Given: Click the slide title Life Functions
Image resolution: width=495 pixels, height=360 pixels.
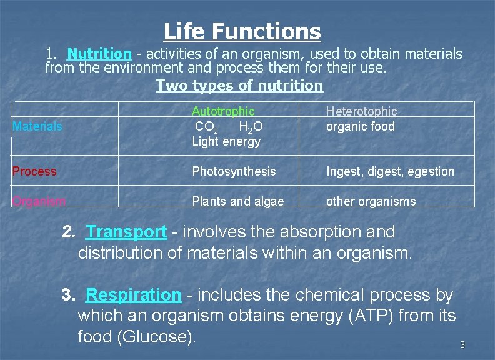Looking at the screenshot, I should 242,31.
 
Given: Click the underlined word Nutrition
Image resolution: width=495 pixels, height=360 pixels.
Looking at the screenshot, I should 99,54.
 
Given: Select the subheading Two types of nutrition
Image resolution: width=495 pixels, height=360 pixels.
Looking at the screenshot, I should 239,86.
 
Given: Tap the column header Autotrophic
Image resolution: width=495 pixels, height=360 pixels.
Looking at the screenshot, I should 223,111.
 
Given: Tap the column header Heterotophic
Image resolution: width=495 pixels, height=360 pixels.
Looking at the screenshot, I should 361,111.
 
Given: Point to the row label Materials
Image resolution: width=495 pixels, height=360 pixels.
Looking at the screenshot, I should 37,126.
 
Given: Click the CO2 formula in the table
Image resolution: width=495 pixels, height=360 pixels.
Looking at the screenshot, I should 206,127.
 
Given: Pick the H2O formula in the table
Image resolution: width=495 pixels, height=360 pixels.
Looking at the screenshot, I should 251,127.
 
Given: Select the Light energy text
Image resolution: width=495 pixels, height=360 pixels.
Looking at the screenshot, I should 226,141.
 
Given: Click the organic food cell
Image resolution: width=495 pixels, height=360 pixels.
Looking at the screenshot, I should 361,126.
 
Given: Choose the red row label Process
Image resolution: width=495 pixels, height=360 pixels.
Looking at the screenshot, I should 34,171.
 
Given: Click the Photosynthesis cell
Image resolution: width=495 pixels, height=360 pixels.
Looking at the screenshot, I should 234,171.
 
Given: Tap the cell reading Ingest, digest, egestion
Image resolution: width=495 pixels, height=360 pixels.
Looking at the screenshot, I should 390,171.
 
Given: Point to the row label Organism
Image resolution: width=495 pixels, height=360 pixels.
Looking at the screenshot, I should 39,201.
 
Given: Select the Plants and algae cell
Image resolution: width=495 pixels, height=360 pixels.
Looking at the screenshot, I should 238,201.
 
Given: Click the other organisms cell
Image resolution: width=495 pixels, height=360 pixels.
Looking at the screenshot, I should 371,201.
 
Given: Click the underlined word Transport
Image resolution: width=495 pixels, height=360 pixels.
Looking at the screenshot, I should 127,232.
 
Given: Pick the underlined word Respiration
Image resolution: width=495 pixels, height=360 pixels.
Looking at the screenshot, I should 133,294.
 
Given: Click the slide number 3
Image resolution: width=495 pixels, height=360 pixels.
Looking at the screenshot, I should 462,345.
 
